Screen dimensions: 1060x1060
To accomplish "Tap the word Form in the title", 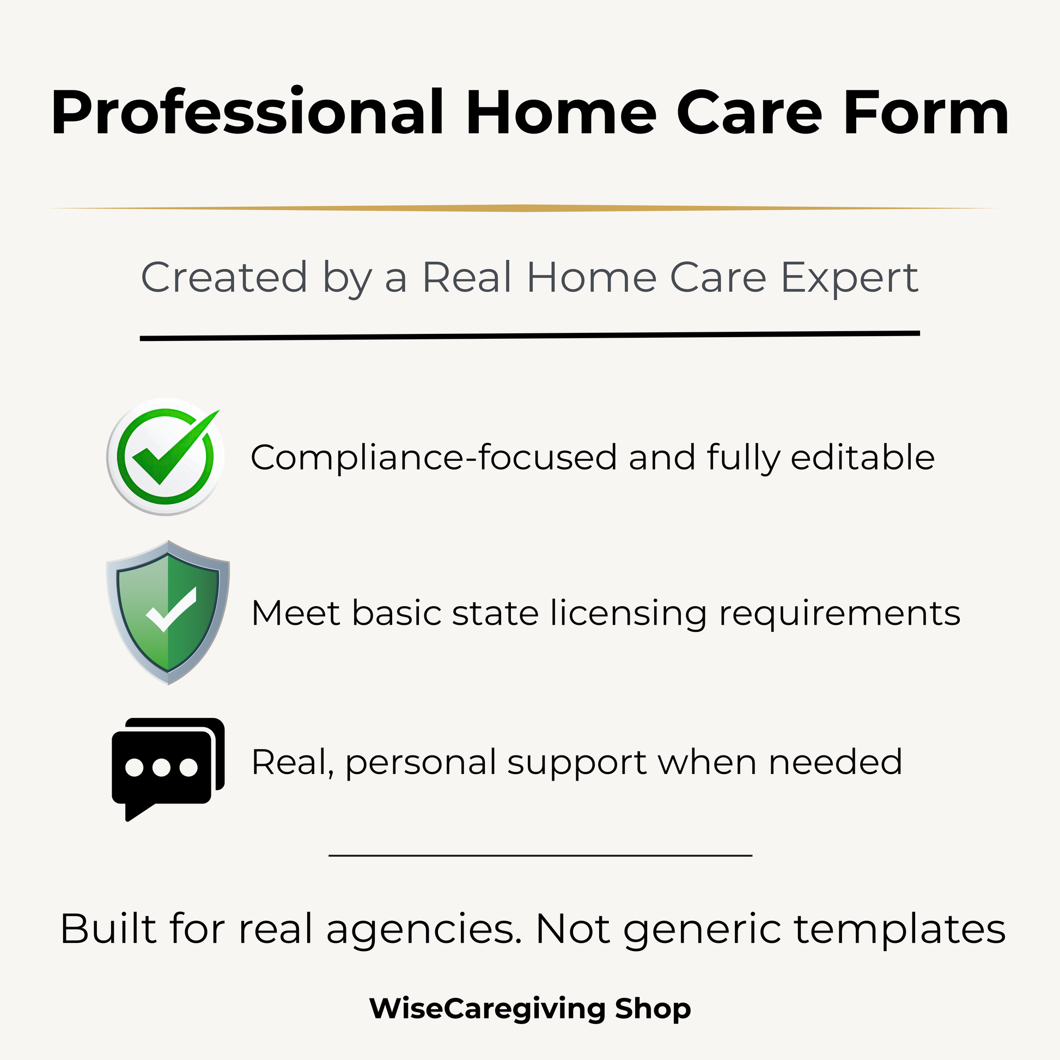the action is (926, 113).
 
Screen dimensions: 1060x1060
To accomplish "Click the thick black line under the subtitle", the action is (530, 336).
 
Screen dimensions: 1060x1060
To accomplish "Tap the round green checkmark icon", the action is (165, 456).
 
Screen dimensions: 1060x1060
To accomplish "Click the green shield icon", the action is (168, 612).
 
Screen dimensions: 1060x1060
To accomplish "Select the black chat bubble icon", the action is (168, 769).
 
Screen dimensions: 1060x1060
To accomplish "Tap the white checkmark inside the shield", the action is (171, 610).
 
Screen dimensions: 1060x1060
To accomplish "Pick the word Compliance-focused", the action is (434, 457).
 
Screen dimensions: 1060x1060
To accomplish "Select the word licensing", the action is (629, 614).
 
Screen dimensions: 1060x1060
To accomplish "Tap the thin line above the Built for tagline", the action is (540, 855).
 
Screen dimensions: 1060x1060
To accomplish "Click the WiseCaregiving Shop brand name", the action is (530, 1008).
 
